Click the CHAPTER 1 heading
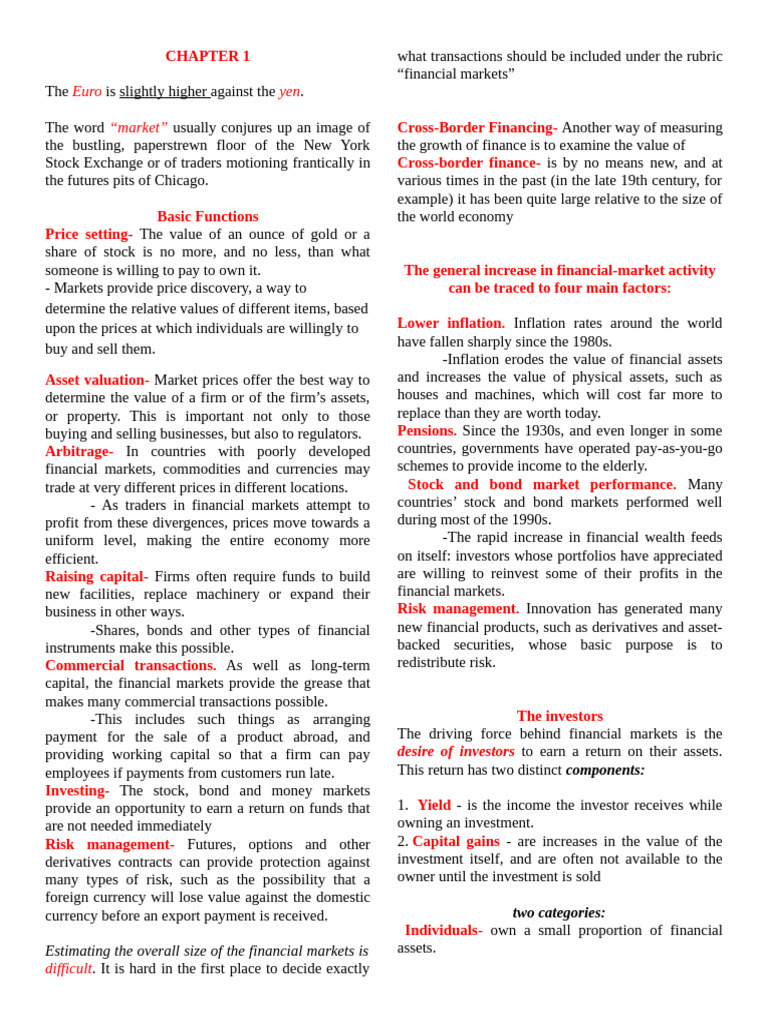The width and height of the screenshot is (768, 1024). click(207, 56)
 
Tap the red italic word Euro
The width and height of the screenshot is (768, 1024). click(87, 91)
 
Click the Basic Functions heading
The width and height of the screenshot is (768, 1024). click(207, 216)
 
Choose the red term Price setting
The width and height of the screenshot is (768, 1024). click(88, 234)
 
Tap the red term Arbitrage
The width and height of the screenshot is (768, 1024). click(79, 451)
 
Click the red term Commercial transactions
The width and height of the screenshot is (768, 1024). click(130, 665)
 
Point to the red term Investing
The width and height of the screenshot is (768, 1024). click(77, 790)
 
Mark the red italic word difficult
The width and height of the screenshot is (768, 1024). click(69, 968)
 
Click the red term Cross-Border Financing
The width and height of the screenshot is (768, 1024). click(477, 128)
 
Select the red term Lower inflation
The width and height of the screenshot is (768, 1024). click(450, 323)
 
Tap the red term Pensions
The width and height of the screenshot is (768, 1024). click(426, 430)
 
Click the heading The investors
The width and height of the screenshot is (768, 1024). click(559, 716)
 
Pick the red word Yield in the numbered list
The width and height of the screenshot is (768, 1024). click(434, 805)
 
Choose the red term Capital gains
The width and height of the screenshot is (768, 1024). click(456, 841)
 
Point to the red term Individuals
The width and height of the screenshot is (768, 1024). click(443, 930)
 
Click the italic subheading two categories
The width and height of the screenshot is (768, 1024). click(559, 912)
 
